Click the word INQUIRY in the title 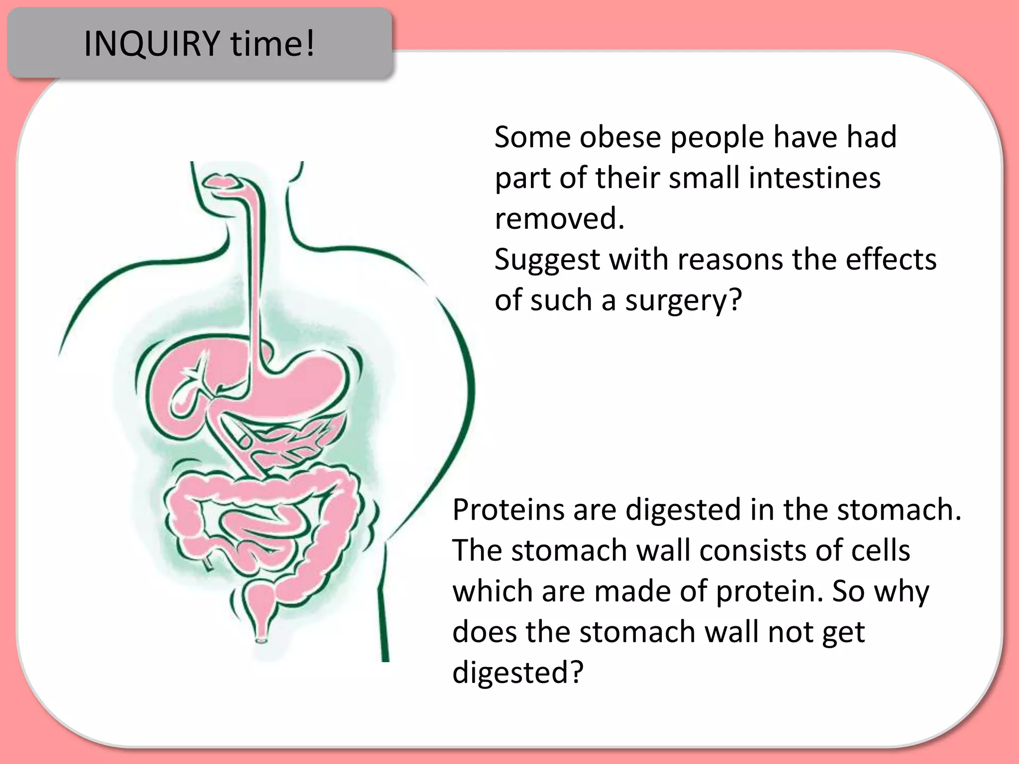152,44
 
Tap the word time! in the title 272,44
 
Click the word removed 559,218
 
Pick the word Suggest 547,260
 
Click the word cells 880,551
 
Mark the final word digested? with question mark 517,673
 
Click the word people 716,138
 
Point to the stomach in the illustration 304,383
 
